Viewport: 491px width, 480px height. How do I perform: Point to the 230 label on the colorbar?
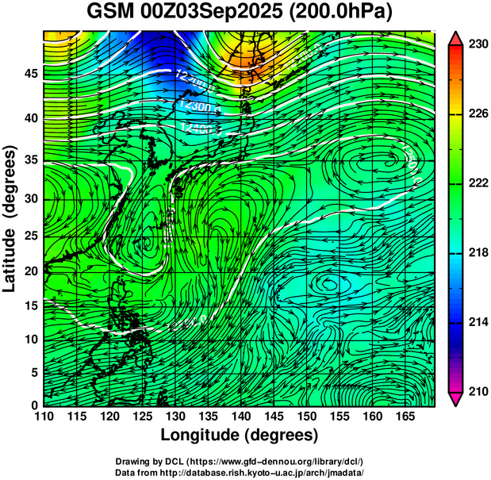pos(478,44)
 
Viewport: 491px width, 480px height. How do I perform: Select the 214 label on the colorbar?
pos(478,322)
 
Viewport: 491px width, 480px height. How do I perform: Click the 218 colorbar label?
pos(478,252)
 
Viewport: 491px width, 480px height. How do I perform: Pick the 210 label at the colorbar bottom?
pos(478,391)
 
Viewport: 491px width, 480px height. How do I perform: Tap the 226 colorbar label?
pos(478,113)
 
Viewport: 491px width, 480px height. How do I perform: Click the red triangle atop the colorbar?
pos(456,38)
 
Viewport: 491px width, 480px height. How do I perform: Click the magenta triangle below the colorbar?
pos(456,398)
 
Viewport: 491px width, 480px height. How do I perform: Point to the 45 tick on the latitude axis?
pos(31,74)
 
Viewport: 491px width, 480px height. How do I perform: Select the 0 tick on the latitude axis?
pos(35,405)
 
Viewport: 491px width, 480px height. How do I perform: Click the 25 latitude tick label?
pos(31,236)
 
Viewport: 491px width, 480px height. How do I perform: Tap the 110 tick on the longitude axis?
pos(44,417)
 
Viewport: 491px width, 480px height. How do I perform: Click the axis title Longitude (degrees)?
pos(240,436)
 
